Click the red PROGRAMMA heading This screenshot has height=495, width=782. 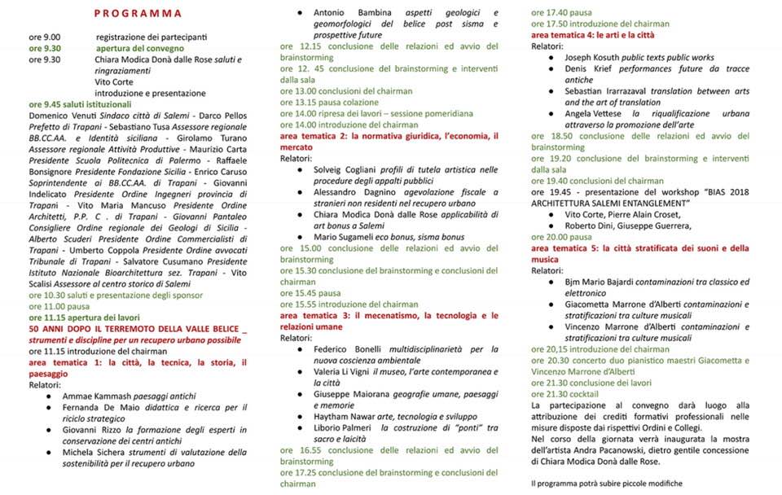(x=138, y=14)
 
